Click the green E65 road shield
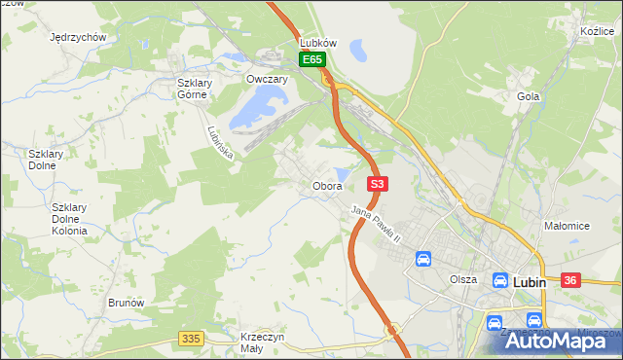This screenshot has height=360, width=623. coord(311,60)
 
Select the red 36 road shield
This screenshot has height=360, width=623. coord(570,280)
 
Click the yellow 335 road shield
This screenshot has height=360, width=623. coord(191,339)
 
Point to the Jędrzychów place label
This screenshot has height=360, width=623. coord(78,37)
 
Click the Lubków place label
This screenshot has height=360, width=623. coord(318,43)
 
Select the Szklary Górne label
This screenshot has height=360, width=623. coord(195,89)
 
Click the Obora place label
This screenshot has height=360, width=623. coord(326,186)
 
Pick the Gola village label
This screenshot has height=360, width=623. coord(529,96)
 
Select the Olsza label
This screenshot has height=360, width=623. coord(463,279)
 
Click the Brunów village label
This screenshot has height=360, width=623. coord(127,303)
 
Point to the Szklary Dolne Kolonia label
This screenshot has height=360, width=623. coord(69,219)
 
